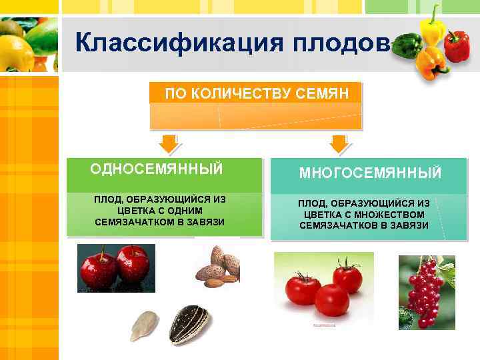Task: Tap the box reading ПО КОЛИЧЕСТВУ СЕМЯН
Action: (x=256, y=93)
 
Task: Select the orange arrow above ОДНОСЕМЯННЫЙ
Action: (x=167, y=143)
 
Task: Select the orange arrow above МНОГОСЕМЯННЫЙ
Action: (x=339, y=143)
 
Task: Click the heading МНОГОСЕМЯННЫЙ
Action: (x=370, y=173)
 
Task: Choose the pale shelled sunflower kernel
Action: (x=144, y=325)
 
